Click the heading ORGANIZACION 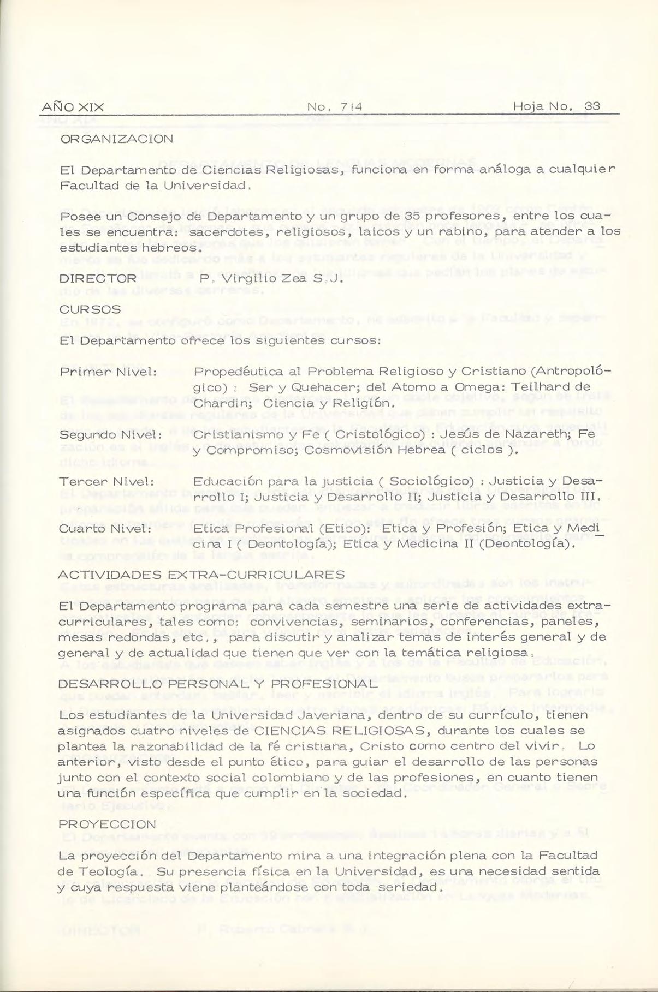(116, 139)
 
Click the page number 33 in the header (592, 106)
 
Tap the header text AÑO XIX (73, 107)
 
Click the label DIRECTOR (98, 278)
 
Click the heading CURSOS (90, 309)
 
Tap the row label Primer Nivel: (108, 372)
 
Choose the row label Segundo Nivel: (111, 435)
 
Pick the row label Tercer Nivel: (106, 482)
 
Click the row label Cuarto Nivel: (105, 529)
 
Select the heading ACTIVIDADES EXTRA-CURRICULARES (201, 575)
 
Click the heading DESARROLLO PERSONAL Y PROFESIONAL (218, 684)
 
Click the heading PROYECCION (107, 824)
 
